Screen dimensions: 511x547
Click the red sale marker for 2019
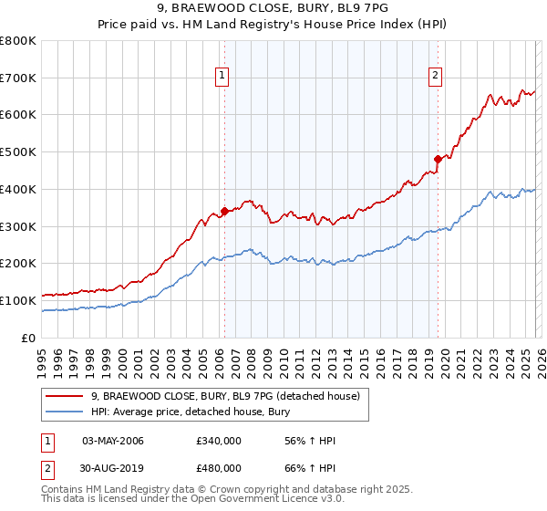click(438, 159)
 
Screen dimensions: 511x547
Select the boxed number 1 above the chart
click(222, 76)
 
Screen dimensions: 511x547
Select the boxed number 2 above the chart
click(436, 76)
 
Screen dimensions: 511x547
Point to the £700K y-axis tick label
click(19, 78)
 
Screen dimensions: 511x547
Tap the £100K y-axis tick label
click(19, 300)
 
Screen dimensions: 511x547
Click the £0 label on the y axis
click(27, 338)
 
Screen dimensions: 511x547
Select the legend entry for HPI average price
click(190, 412)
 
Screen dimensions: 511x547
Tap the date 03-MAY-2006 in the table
click(113, 442)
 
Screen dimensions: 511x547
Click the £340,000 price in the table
click(219, 442)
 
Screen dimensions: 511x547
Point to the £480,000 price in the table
click(219, 468)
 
